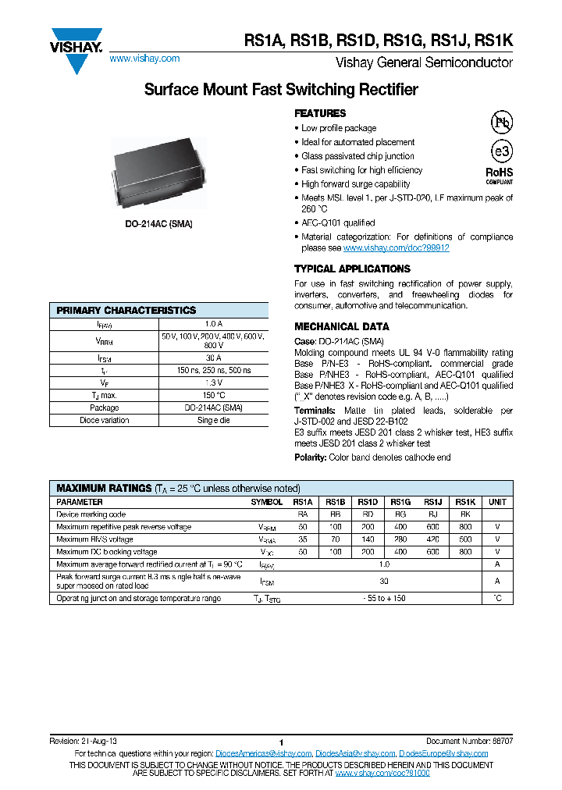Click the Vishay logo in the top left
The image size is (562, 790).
[76, 49]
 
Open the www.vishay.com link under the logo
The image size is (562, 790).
[144, 59]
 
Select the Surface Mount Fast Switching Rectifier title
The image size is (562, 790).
[281, 90]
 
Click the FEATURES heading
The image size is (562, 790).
[320, 113]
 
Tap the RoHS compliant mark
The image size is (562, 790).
[500, 175]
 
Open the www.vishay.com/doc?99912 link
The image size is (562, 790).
[396, 247]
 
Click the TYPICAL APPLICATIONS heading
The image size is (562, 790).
[352, 269]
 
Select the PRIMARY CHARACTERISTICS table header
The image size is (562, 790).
[126, 310]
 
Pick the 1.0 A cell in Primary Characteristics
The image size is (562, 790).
[214, 323]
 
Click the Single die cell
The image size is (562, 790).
[214, 420]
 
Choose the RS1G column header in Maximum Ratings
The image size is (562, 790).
[400, 502]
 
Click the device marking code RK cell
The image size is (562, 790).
[464, 514]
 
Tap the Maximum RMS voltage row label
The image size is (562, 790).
[95, 539]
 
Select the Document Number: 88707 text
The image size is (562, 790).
[469, 740]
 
